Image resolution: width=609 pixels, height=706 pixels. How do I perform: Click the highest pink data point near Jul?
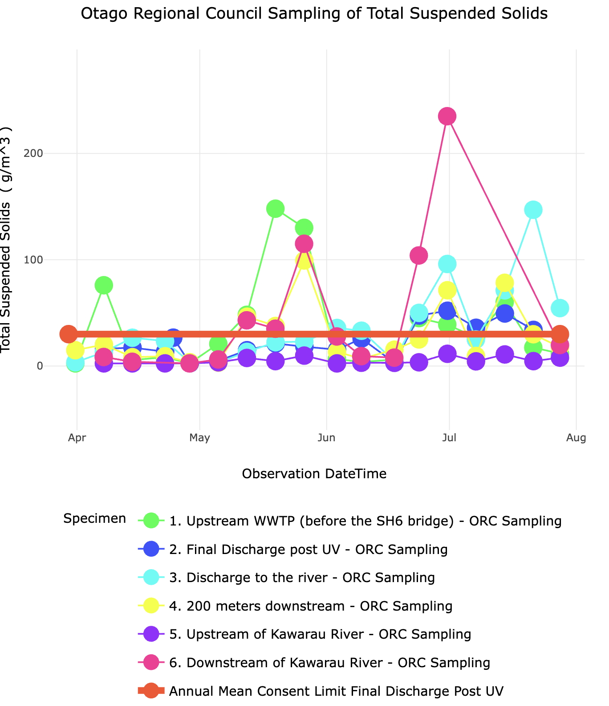(x=447, y=116)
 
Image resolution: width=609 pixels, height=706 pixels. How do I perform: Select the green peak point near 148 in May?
(x=276, y=209)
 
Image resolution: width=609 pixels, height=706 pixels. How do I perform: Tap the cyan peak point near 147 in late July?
(x=533, y=210)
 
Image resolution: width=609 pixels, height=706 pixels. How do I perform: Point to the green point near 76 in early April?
(x=104, y=285)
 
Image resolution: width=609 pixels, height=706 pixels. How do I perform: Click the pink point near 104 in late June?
(x=418, y=255)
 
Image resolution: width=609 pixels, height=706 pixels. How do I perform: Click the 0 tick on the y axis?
(x=39, y=366)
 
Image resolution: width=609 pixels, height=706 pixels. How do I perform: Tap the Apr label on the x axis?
(x=77, y=438)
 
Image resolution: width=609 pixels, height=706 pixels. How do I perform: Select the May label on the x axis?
(x=199, y=438)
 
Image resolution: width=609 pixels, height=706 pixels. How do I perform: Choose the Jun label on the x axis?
(x=327, y=438)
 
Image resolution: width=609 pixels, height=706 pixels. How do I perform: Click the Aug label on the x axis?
(x=577, y=438)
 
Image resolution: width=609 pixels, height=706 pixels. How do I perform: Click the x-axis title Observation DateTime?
(x=314, y=474)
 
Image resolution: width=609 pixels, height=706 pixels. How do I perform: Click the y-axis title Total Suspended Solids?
(x=6, y=241)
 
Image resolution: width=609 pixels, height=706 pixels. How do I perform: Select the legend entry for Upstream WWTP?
(x=365, y=521)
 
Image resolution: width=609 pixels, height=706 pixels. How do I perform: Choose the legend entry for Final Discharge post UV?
(x=308, y=550)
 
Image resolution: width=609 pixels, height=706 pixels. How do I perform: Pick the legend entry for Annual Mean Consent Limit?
(x=336, y=691)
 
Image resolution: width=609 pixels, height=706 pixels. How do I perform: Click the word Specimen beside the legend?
(x=94, y=519)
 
